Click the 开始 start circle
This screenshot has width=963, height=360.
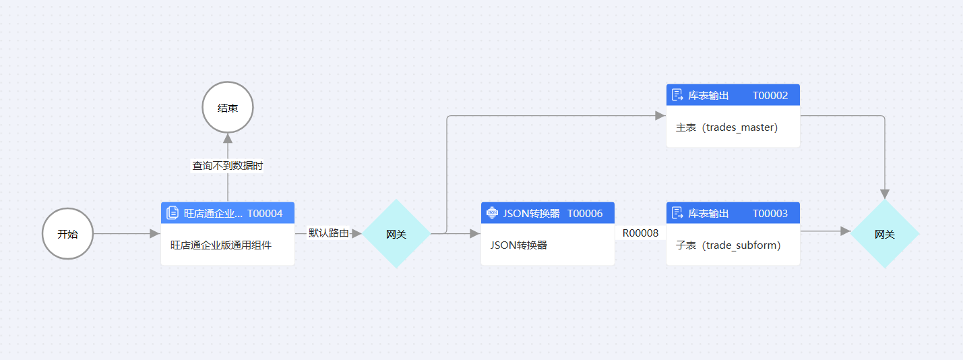point(67,234)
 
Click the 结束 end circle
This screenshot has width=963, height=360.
point(228,108)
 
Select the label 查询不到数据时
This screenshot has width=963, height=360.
point(228,165)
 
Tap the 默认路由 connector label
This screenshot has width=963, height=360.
point(328,233)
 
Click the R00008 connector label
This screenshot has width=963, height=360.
point(640,233)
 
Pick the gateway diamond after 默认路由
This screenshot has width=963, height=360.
point(396,234)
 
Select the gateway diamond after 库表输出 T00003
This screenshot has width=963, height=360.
point(885,234)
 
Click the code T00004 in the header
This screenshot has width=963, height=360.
point(265,214)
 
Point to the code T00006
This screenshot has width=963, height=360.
point(585,214)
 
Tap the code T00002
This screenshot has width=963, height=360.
point(770,96)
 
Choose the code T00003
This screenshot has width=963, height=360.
point(770,214)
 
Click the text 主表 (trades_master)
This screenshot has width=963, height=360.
point(726,127)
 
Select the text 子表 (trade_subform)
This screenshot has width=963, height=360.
point(728,245)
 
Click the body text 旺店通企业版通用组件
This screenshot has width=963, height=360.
point(221,245)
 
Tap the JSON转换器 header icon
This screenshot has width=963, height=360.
point(492,214)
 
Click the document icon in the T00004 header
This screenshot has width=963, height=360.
point(173,214)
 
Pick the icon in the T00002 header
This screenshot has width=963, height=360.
point(678,95)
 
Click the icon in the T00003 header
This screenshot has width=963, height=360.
point(678,214)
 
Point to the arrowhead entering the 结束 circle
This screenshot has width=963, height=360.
point(228,138)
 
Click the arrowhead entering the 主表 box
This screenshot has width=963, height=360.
point(660,116)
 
